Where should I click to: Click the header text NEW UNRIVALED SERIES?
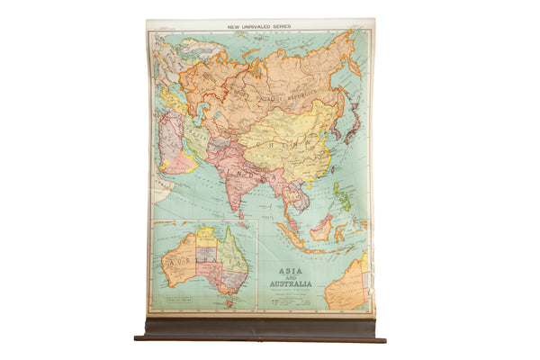point(260,25)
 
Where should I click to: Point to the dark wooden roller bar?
point(260,330)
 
